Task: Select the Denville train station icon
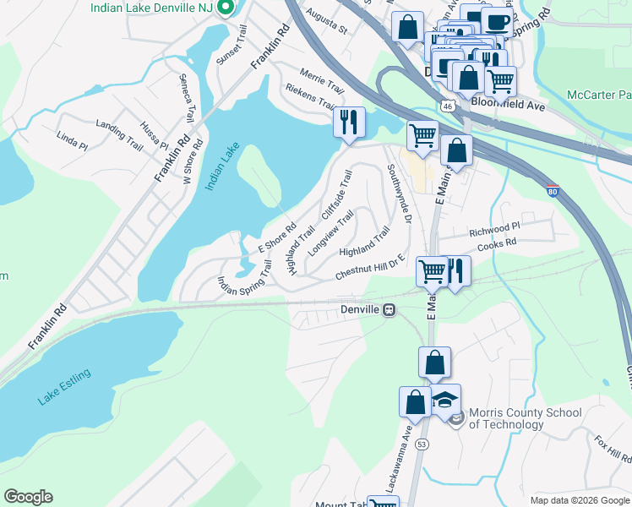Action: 390,309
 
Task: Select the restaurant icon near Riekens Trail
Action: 348,122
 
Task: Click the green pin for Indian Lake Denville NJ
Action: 225,8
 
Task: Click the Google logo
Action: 28,497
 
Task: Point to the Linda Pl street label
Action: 72,140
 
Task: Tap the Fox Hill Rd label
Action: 613,450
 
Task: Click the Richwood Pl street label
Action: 493,229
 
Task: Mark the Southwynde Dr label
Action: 398,194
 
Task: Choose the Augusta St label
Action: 330,28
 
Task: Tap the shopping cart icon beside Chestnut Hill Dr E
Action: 432,271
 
